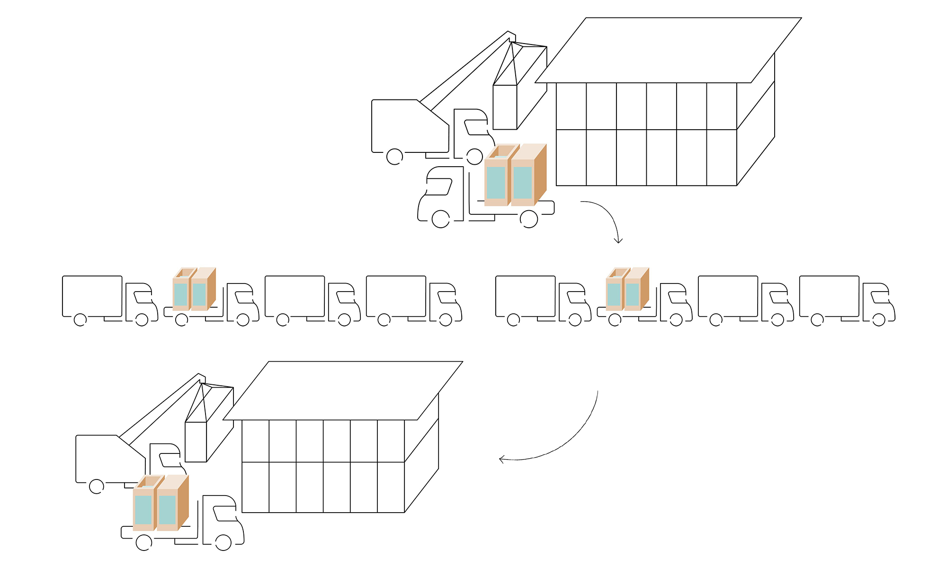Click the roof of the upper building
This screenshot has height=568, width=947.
[668, 50]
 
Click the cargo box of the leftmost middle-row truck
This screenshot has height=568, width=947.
[92, 296]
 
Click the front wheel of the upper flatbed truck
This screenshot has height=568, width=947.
[440, 219]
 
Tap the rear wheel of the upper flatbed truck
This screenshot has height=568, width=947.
[528, 219]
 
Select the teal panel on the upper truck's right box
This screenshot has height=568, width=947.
[523, 183]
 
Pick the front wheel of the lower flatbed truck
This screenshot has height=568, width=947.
[223, 542]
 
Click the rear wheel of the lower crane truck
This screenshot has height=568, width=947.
[97, 486]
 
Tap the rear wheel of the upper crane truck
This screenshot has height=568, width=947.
[394, 157]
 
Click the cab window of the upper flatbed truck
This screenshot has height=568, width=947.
[438, 186]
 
